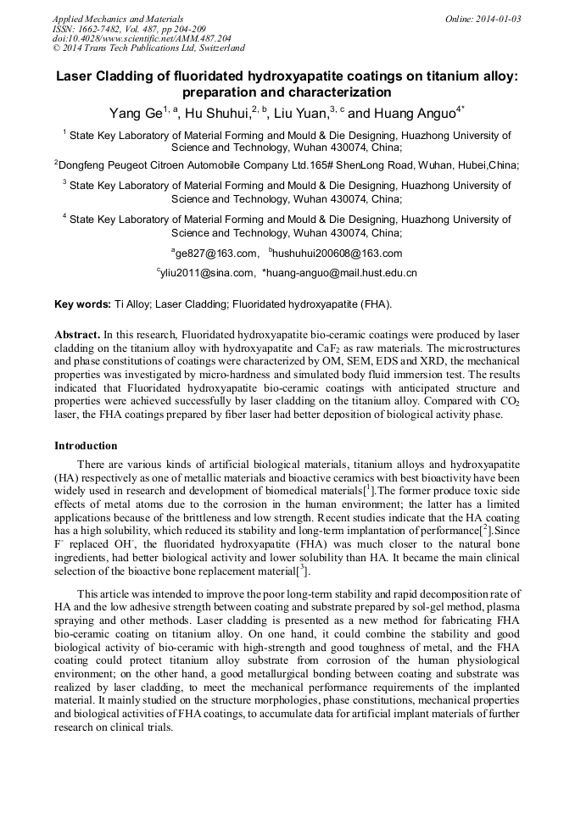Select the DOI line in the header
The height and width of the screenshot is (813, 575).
point(141,38)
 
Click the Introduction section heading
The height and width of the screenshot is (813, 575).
point(86,446)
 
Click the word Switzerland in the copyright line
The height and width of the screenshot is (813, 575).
point(217,48)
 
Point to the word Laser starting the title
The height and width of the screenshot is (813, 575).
point(75,75)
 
